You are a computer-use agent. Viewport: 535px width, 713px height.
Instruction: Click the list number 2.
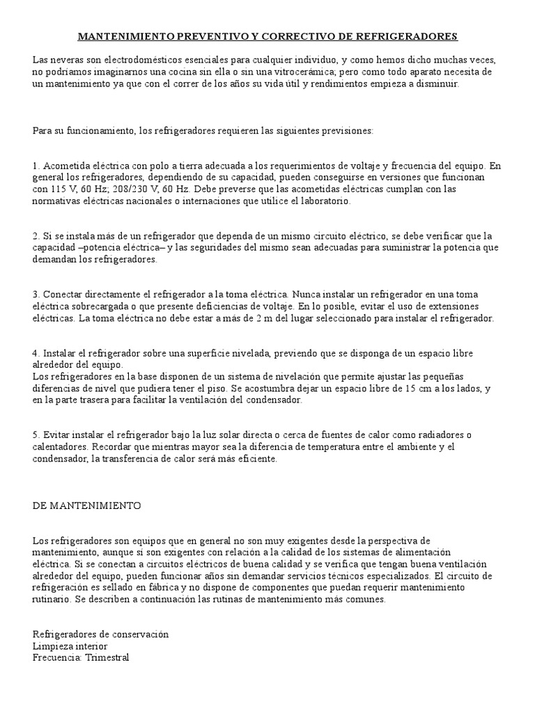tap(36, 235)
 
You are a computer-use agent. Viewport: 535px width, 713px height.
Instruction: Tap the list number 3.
tap(36, 295)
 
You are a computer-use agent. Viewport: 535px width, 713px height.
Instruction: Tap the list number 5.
tap(36, 436)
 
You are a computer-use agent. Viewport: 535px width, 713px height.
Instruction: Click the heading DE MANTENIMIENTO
tap(86, 506)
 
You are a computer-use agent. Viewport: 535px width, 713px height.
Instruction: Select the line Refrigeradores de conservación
tap(101, 635)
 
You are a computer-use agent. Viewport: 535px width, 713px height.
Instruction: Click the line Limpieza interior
tap(70, 647)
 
